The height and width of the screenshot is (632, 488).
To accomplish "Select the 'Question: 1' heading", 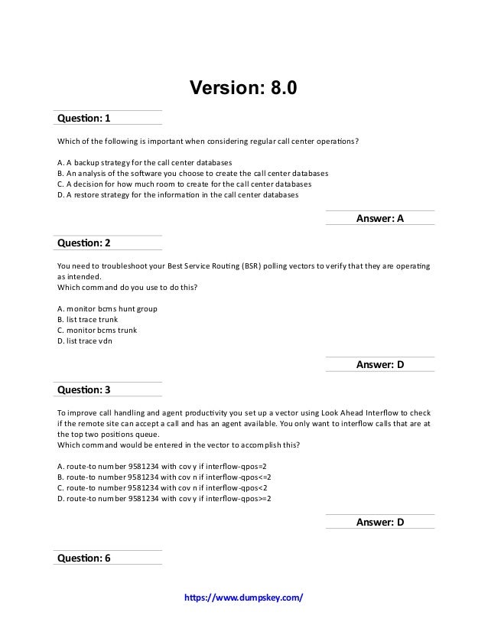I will tap(84, 119).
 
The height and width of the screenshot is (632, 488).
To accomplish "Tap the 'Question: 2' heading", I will tap(84, 243).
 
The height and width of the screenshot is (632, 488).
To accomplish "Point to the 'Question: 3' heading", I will tap(84, 389).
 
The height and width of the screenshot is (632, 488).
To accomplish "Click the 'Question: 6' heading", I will tap(84, 558).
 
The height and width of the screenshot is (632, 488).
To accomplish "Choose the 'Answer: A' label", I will tap(380, 219).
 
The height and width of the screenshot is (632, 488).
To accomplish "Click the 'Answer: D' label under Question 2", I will tap(380, 365).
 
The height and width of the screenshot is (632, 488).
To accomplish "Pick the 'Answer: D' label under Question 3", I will tap(380, 523).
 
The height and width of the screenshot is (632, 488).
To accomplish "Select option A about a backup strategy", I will tap(145, 164).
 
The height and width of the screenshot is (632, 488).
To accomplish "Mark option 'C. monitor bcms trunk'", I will tap(97, 331).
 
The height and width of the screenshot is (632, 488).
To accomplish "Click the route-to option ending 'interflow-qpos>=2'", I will tap(164, 498).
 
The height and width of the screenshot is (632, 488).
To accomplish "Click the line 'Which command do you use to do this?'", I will tap(124, 287).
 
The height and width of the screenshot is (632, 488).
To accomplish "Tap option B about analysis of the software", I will tap(192, 174).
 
